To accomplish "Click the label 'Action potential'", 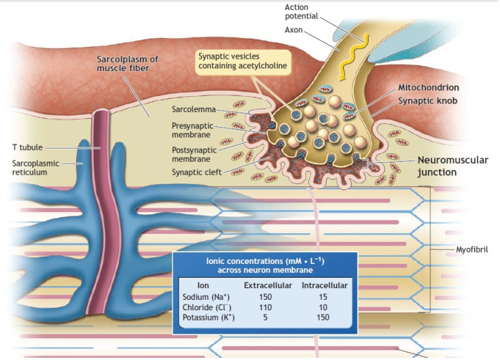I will [302, 11].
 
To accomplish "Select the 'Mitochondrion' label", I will [428, 88].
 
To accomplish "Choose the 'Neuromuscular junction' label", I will [452, 166].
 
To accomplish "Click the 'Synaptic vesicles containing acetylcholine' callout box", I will [242, 60].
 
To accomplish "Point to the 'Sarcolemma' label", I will [194, 109].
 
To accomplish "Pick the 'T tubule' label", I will [28, 148].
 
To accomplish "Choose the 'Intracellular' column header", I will [324, 285].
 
